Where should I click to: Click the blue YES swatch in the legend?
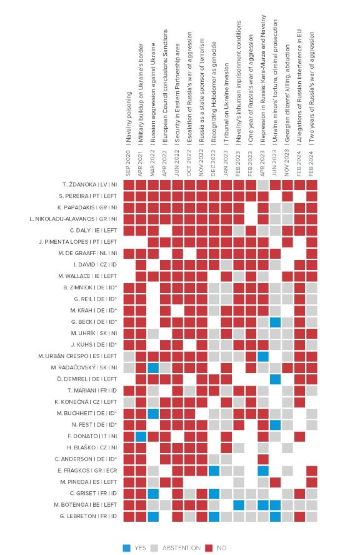(x=127, y=548)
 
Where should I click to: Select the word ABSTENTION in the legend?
(x=181, y=548)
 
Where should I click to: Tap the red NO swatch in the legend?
(x=209, y=548)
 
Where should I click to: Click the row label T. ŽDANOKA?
(x=79, y=185)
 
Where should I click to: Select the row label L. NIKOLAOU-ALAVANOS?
(x=62, y=219)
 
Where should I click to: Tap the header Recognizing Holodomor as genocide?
(x=214, y=92)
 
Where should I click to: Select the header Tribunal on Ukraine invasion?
(x=226, y=103)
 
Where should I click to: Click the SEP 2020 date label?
(x=129, y=163)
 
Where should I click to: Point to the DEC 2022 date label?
(x=213, y=163)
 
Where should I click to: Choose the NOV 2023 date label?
(x=286, y=163)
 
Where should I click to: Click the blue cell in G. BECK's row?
(x=275, y=322)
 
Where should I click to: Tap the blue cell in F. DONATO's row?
(x=141, y=436)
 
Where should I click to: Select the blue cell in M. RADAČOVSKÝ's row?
(x=153, y=367)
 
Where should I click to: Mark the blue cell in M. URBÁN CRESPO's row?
(x=263, y=356)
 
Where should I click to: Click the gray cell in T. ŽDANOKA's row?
(x=263, y=185)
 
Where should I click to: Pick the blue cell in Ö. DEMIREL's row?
(x=275, y=379)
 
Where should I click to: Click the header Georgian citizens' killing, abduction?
(x=287, y=93)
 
